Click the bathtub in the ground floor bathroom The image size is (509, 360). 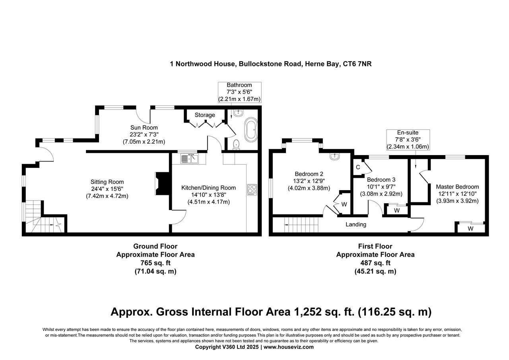point(251,129)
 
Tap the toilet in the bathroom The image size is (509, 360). point(236,144)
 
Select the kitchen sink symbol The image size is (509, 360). point(190,159)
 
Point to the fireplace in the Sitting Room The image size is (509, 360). point(161,184)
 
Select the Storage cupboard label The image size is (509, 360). point(205,115)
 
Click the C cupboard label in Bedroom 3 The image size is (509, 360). point(358,167)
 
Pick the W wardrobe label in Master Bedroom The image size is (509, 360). point(470,229)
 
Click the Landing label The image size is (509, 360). point(356,224)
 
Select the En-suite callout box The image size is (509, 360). point(408,140)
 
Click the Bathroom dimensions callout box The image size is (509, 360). point(239,92)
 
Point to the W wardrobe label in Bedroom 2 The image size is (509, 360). point(344,204)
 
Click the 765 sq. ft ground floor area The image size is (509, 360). point(155,263)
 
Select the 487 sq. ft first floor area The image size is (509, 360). point(375,263)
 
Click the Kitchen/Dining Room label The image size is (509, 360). point(208,188)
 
